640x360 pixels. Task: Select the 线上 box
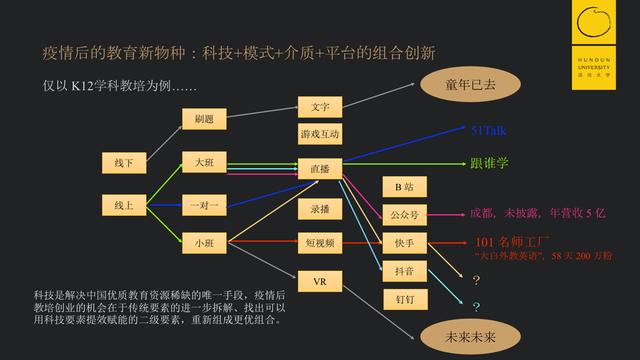(x=125, y=206)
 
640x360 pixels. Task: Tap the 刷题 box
(x=204, y=119)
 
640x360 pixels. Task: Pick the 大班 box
(x=204, y=161)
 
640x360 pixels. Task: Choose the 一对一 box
(x=204, y=206)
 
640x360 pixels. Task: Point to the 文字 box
(x=320, y=107)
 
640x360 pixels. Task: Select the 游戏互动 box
(x=320, y=134)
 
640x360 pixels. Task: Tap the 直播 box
(x=320, y=169)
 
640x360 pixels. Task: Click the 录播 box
(x=320, y=210)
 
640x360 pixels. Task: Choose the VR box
(x=320, y=282)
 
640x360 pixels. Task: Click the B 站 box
(x=404, y=186)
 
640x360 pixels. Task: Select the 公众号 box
(x=404, y=213)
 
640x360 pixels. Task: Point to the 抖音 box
(x=404, y=269)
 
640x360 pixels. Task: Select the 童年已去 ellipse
(x=471, y=84)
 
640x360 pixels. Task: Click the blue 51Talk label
(x=491, y=130)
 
